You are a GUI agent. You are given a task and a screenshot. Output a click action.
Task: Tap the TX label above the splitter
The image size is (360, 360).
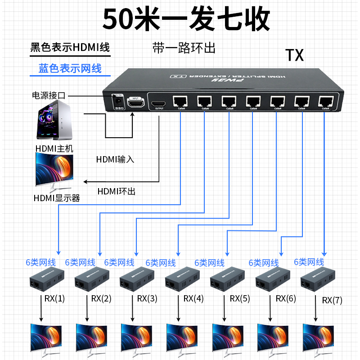(x=295, y=55)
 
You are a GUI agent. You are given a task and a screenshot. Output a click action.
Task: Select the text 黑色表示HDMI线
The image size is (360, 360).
(x=70, y=47)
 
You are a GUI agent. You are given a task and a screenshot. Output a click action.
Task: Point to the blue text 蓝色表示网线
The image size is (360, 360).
(x=70, y=68)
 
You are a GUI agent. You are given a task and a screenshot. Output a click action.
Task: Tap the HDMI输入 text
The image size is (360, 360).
(x=115, y=159)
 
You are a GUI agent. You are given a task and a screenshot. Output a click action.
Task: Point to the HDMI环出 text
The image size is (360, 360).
(x=116, y=191)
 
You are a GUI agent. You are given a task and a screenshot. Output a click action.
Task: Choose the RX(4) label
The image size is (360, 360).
(x=193, y=298)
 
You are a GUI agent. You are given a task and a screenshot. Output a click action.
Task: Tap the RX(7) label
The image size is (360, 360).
(x=332, y=301)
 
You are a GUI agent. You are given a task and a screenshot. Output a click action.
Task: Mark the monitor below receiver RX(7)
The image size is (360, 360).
(x=319, y=337)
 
